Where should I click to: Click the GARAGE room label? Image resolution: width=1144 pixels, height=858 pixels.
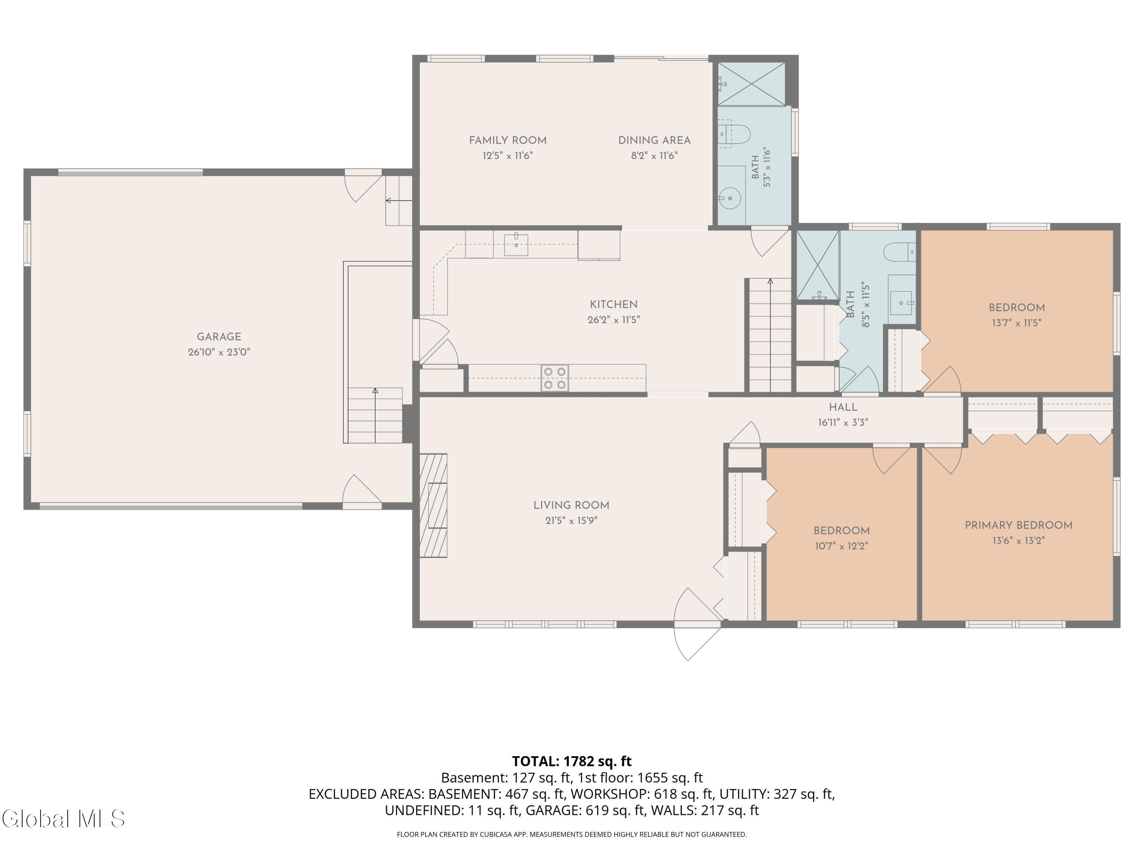(219, 337)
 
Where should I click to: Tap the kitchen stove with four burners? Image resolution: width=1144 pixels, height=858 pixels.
(555, 378)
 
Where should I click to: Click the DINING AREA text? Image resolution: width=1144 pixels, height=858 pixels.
(654, 140)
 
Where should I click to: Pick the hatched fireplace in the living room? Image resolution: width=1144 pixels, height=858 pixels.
(434, 505)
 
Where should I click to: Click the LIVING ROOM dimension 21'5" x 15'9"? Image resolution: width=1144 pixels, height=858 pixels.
(571, 520)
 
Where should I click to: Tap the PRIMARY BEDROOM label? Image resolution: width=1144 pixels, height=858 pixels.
(1018, 525)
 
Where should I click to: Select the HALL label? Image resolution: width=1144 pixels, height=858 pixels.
(843, 407)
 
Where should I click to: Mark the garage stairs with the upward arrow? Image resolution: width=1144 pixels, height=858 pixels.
(375, 415)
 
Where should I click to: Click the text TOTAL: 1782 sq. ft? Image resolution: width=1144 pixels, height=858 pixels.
(572, 761)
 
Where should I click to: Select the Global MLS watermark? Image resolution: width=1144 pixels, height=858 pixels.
(63, 819)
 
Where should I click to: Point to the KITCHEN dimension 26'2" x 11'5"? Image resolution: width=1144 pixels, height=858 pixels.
(613, 320)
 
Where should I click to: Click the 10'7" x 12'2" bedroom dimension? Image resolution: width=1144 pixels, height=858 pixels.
(842, 546)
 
